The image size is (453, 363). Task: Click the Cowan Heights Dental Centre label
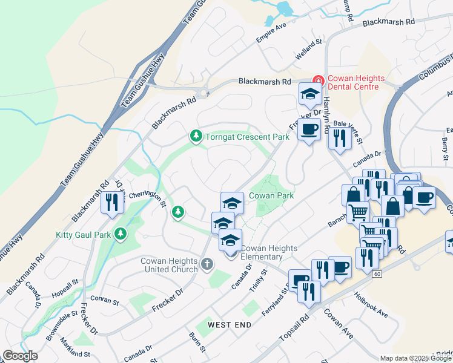point(354,83)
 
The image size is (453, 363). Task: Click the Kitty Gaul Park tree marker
point(121,233)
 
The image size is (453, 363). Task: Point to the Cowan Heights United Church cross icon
point(207,263)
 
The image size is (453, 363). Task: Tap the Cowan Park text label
point(271,195)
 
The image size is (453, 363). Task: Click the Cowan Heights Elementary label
point(269,252)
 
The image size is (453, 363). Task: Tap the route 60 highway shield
point(377,275)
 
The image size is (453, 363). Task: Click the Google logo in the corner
point(20,356)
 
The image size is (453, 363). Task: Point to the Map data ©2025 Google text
point(415,358)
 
